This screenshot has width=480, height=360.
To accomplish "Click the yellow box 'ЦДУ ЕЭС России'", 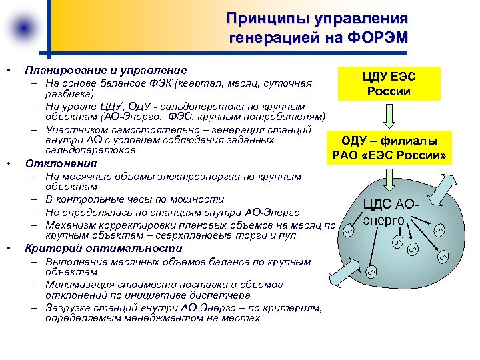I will click(390, 83).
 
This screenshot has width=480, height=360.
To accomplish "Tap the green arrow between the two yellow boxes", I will click(390, 116).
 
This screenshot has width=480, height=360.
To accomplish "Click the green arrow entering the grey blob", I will click(390, 178).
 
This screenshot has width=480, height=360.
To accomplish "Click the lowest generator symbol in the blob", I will click(373, 271).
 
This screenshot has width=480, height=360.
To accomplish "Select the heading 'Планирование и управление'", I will click(105, 70).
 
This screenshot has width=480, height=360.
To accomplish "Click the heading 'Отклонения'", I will click(61, 163).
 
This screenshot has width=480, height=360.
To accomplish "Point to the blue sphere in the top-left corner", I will click(23, 27).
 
